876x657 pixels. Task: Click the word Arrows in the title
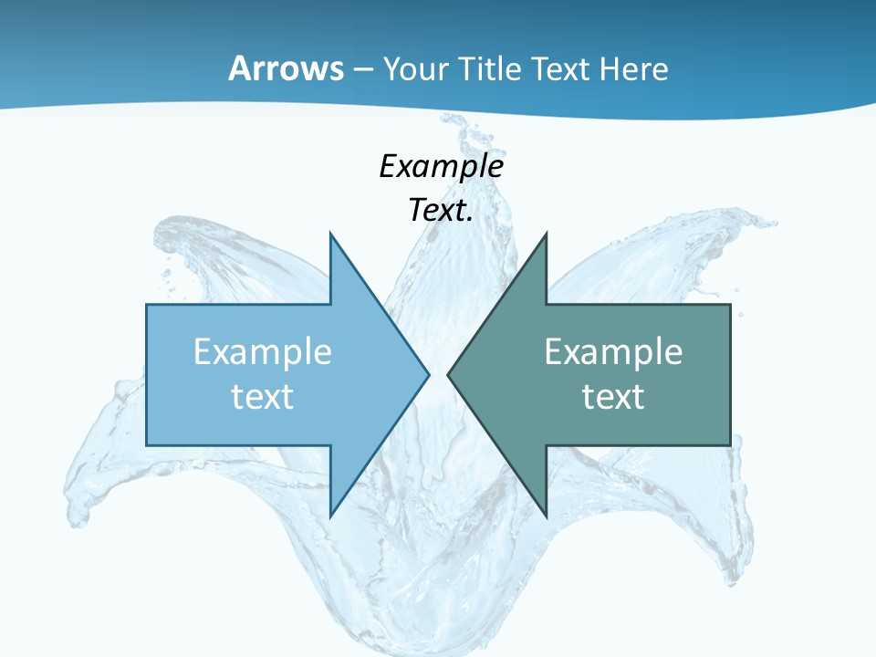286,68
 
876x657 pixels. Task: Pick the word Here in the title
637,68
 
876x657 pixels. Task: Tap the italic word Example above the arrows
442,166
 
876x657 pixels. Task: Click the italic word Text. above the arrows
441,211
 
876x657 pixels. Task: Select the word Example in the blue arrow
263,352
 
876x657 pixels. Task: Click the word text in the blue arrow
263,397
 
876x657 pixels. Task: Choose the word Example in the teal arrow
613,352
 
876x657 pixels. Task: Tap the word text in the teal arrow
613,397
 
